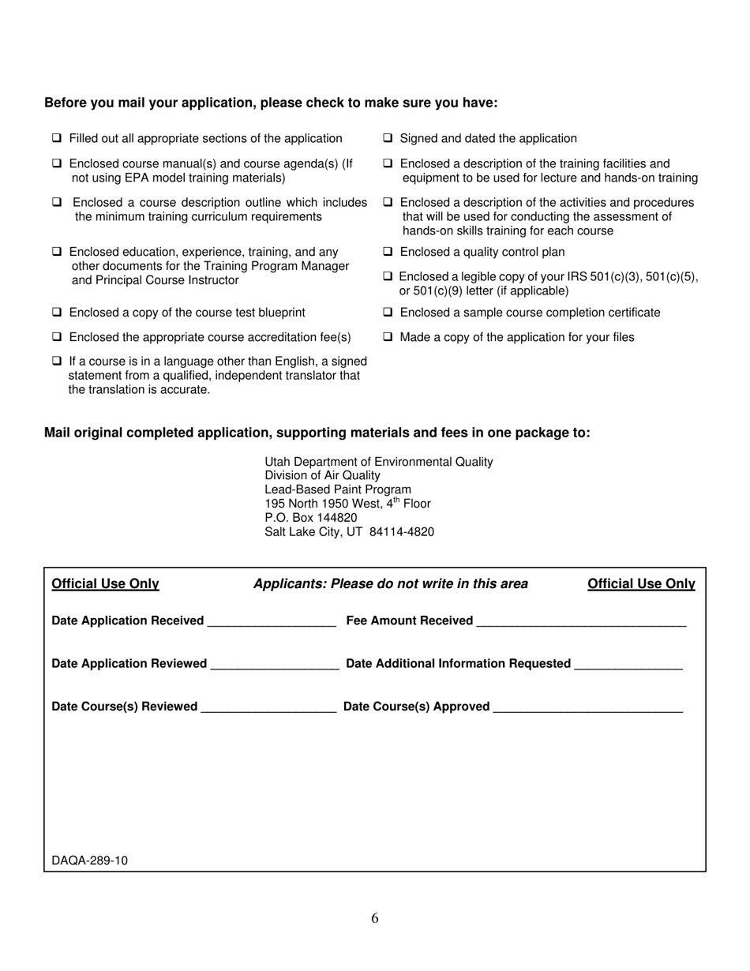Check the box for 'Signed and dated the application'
coord(388,138)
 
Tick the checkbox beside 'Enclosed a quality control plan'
coord(388,252)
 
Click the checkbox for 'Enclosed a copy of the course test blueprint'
coord(57,313)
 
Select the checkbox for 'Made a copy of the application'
coord(388,337)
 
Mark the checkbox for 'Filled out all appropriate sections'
coord(57,138)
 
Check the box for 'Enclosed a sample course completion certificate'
coord(388,313)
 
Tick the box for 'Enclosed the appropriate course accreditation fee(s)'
coord(57,337)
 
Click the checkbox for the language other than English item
coord(57,361)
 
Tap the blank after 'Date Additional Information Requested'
coord(628,665)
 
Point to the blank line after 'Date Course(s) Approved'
coord(587,708)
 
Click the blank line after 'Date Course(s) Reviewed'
coord(268,708)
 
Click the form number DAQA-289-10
coord(89,860)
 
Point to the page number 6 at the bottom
coord(374,918)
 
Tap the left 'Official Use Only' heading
coord(105,584)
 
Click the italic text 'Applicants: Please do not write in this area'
coord(390,584)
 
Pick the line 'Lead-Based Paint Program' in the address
coord(338,489)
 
